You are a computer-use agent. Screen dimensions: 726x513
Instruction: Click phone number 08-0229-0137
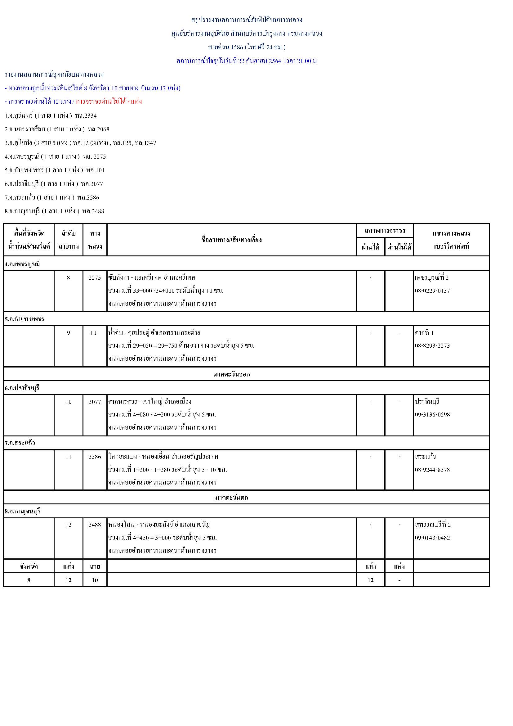click(432, 291)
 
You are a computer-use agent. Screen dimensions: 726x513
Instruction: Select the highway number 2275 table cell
click(95, 277)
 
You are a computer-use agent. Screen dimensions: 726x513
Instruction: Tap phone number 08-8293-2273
click(432, 345)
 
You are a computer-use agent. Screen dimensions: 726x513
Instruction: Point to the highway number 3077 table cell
click(95, 402)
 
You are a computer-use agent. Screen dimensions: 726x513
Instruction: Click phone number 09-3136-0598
click(432, 415)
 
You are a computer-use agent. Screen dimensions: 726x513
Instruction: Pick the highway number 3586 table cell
click(95, 457)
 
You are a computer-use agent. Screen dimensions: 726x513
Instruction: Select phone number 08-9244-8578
click(432, 470)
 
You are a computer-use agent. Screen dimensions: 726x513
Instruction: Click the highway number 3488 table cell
click(95, 525)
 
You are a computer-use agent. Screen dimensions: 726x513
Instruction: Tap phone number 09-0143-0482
click(432, 538)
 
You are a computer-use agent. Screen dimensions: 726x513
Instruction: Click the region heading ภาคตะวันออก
click(232, 374)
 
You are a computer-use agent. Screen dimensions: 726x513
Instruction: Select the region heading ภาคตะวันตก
click(232, 497)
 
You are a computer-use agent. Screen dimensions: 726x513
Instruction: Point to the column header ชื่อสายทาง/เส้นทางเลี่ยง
click(232, 240)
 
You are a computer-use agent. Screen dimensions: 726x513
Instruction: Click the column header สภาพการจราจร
click(384, 231)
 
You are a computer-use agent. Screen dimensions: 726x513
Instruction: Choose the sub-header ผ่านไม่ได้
click(399, 247)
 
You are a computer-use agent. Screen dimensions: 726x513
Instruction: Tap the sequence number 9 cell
click(68, 333)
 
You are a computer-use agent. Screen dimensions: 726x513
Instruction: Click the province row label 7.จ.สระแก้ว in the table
click(20, 443)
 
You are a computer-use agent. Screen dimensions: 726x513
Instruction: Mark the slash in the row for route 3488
click(370, 525)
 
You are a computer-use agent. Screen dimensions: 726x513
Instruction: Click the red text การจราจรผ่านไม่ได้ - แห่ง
click(109, 101)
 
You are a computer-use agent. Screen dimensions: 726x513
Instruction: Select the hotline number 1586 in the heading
click(237, 47)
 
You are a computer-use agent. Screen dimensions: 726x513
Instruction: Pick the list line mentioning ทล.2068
click(57, 129)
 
